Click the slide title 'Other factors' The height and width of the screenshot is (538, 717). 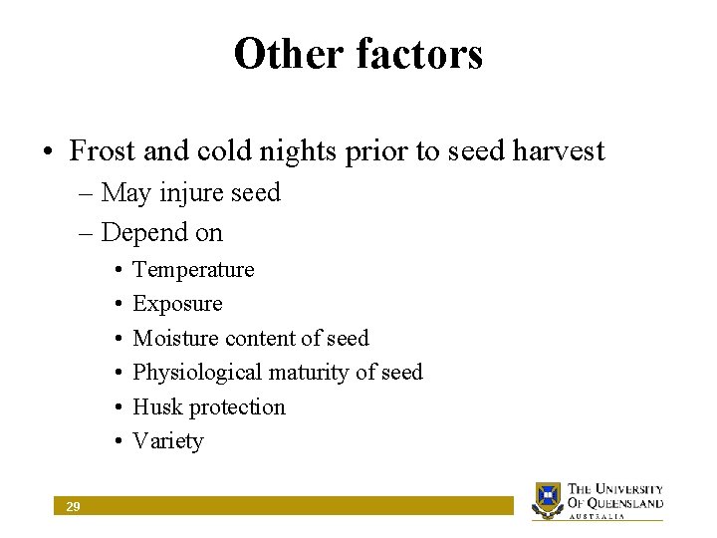(x=358, y=54)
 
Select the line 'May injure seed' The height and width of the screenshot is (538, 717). (x=190, y=192)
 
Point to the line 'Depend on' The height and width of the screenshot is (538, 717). (x=161, y=233)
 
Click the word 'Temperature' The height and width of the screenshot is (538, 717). (x=193, y=270)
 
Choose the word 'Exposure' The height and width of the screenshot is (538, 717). (x=177, y=304)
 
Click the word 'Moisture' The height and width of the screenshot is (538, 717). (x=175, y=339)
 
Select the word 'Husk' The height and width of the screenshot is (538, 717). (x=157, y=406)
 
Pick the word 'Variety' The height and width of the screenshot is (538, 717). (x=167, y=441)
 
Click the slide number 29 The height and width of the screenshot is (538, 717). (x=73, y=507)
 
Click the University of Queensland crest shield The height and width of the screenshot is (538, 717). (x=548, y=498)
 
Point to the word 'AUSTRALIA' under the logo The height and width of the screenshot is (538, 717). (x=597, y=516)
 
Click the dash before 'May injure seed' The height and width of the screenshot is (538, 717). (x=84, y=192)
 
